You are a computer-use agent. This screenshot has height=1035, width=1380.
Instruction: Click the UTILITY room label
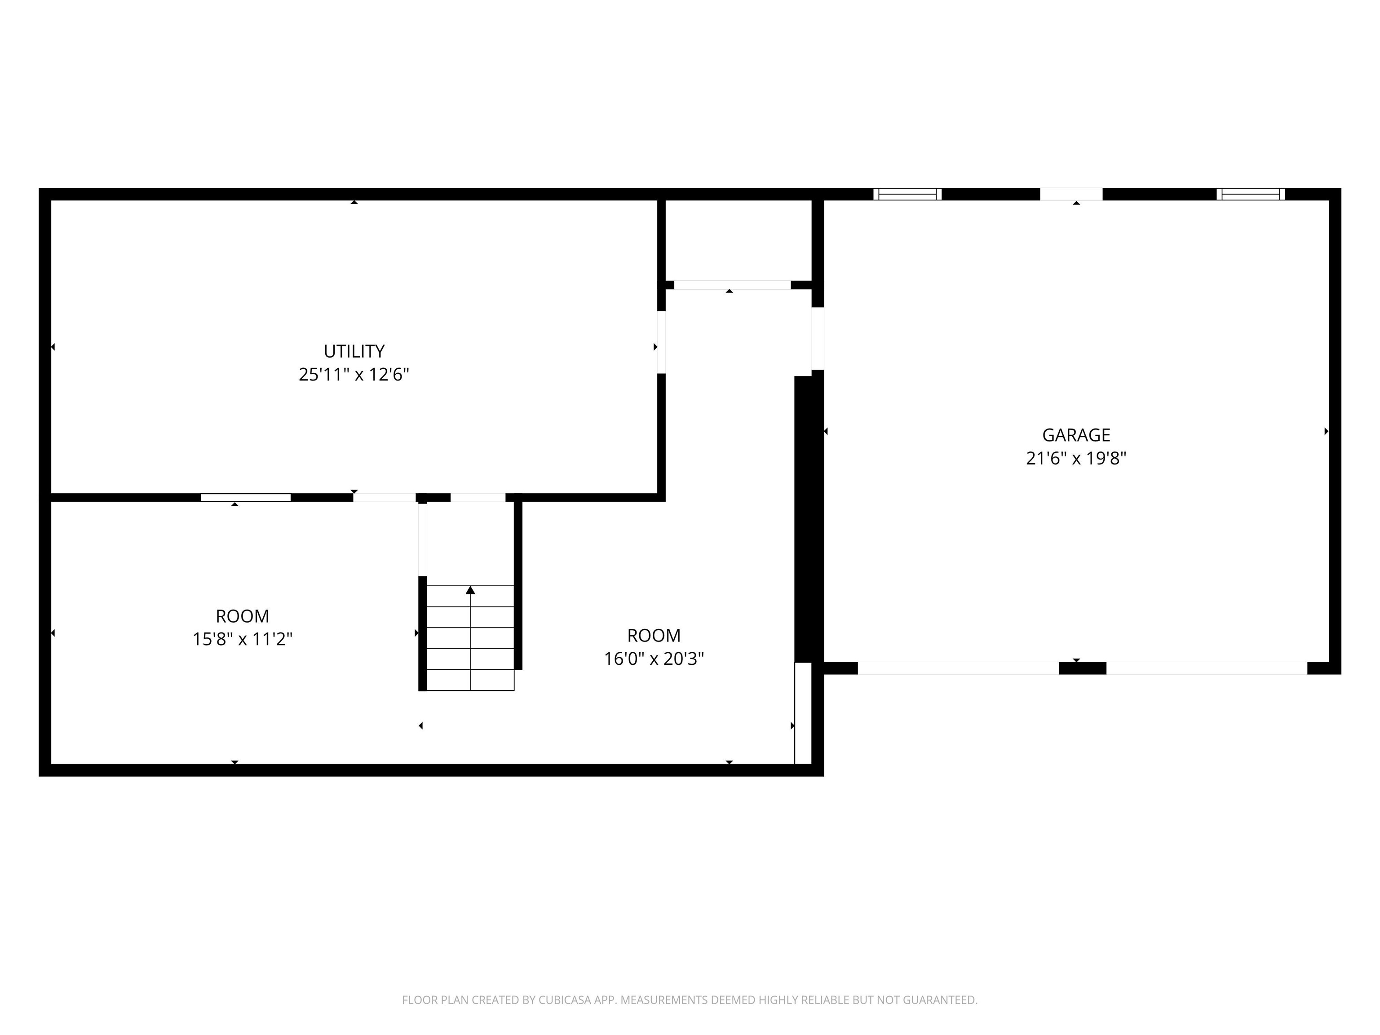tap(354, 351)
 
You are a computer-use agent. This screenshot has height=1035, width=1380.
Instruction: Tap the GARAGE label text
tap(1076, 435)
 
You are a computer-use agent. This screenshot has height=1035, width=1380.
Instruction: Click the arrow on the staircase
tap(470, 590)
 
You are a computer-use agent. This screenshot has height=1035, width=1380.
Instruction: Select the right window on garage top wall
tap(1250, 194)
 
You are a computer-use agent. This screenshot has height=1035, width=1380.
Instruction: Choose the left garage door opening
tap(958, 668)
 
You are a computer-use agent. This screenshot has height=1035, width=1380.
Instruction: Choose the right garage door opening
tap(1207, 668)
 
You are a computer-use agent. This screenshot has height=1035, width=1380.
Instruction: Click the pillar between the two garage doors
tap(1083, 668)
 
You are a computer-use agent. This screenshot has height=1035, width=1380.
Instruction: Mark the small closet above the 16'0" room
tap(739, 240)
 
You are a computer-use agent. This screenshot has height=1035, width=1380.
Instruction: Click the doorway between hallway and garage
tap(817, 339)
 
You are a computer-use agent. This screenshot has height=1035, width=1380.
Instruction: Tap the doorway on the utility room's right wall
tap(661, 342)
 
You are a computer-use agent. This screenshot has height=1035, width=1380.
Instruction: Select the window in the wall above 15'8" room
tap(246, 497)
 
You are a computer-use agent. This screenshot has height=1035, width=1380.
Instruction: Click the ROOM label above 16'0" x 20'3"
tap(654, 636)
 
